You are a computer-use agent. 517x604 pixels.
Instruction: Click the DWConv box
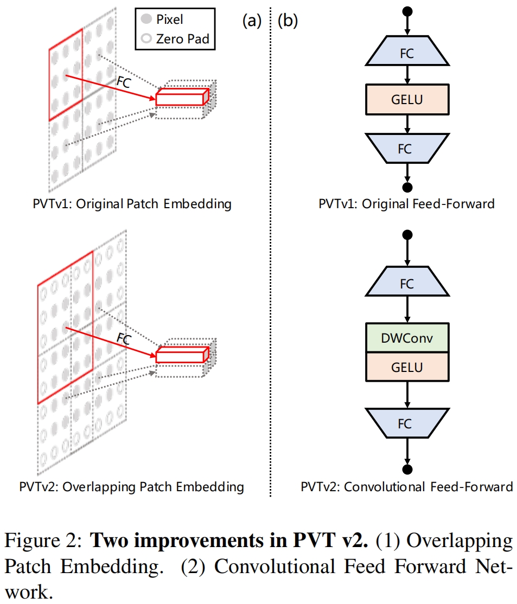point(407,339)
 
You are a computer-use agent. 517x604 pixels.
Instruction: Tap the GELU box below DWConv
point(407,367)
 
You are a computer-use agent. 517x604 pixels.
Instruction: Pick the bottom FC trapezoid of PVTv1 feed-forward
point(407,149)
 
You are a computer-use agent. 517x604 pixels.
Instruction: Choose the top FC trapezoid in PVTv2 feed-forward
point(407,284)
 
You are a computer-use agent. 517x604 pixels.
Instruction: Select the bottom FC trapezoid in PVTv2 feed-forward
point(407,423)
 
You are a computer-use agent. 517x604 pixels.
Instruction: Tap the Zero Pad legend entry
point(174,38)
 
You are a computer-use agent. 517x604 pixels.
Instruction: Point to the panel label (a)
point(252,21)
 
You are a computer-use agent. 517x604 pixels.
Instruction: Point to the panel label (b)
point(288,21)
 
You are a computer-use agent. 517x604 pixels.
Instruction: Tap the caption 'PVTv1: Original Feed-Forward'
point(407,204)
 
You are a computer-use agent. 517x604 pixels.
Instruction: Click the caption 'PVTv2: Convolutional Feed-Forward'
point(407,486)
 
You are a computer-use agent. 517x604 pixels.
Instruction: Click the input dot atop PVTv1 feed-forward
point(407,11)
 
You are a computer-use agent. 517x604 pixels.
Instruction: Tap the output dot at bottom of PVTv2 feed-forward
point(407,469)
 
